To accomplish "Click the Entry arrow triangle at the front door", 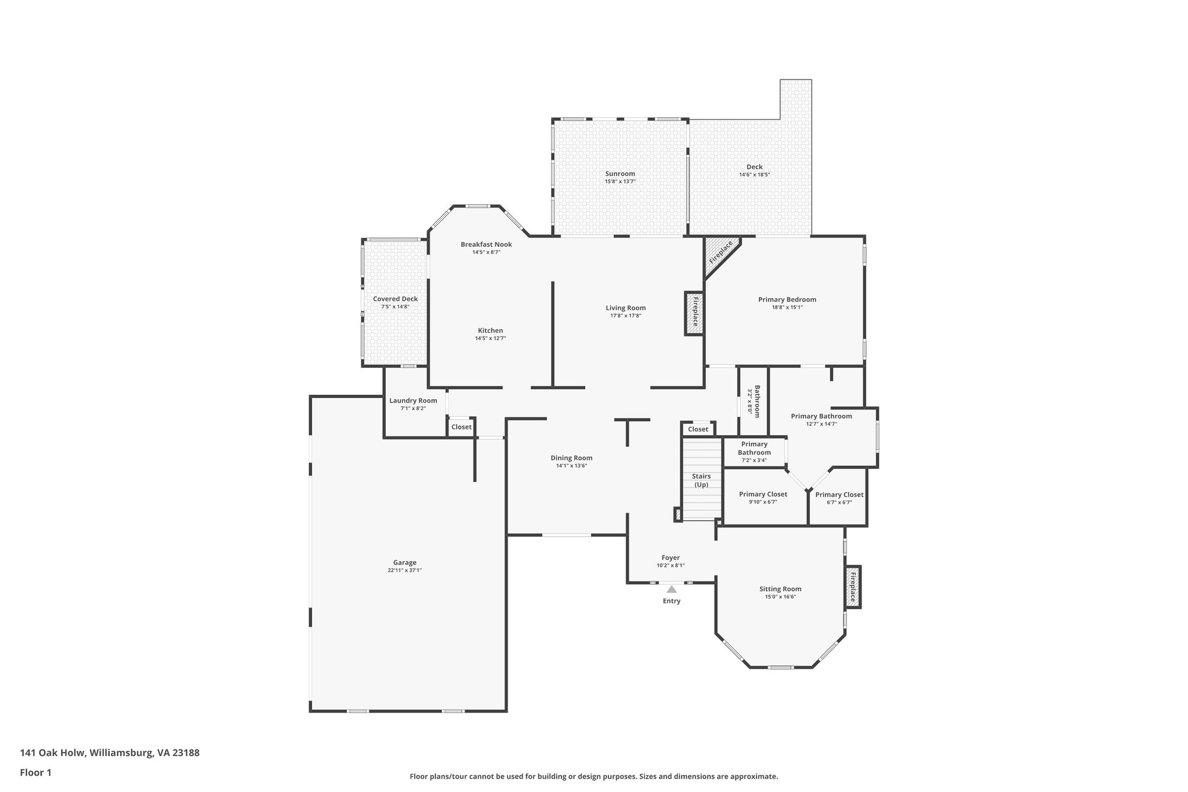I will coord(671,590).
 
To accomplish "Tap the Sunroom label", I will coord(620,173).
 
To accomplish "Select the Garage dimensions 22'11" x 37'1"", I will coord(405,570).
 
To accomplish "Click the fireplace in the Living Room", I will coord(694,314).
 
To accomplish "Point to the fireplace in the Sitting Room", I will coord(852,587).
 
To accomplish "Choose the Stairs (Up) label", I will coord(701,480).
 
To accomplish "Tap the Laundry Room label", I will coord(413,400).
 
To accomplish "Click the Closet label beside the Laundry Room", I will coord(462,427).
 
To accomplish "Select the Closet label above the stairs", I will coord(698,429).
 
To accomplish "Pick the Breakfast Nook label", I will coord(486,244).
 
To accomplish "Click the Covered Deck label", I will coord(395,299).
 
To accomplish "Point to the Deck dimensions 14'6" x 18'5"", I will coord(754,175).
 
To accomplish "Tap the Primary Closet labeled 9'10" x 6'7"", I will coord(763,494).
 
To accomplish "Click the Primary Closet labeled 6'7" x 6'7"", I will coord(839,495).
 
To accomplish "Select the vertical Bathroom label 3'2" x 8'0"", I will coord(754,400).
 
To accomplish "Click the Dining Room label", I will coord(571,458).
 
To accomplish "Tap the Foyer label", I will coord(671,558).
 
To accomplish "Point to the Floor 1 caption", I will coord(36,773).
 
